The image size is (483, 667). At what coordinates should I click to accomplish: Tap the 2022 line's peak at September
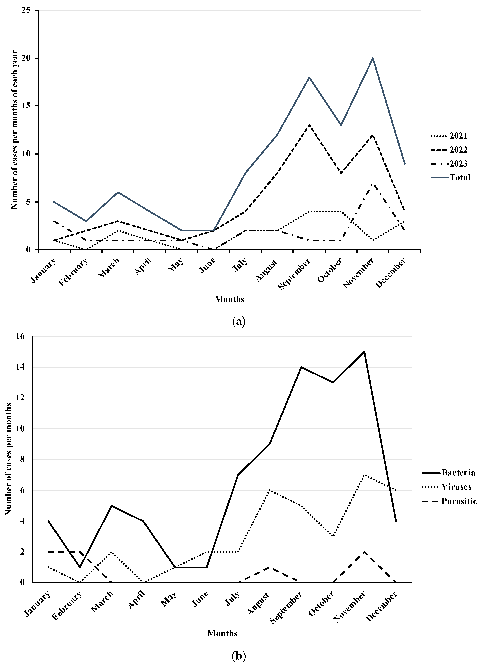[309, 125]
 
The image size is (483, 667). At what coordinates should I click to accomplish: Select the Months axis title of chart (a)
[230, 299]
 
